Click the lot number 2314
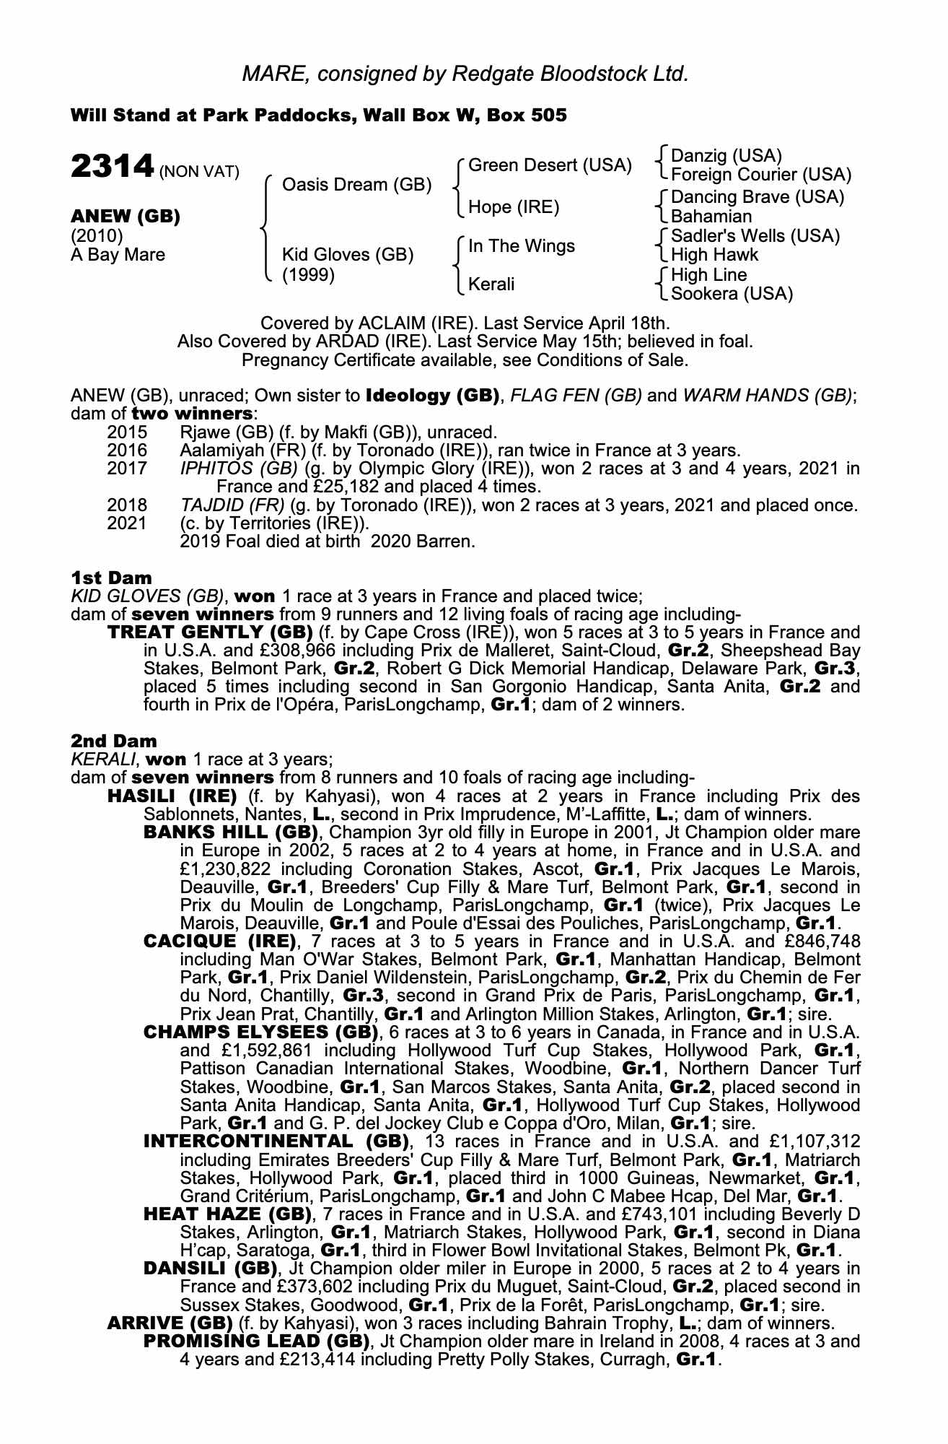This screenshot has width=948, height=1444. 112,167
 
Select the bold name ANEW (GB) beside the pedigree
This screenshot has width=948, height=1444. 125,217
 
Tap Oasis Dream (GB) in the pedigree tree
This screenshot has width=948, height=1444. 356,185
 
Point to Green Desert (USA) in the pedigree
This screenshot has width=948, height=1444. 550,165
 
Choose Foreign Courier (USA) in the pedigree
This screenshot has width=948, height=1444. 760,175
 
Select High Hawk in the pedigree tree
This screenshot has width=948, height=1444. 714,254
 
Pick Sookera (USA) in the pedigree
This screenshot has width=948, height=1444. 732,293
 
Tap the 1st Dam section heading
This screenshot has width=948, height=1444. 111,578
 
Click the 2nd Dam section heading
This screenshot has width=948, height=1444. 113,741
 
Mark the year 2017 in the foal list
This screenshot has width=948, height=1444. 127,469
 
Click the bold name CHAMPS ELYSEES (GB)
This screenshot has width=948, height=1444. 260,1032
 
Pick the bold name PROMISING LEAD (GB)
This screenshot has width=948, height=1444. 257,1341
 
